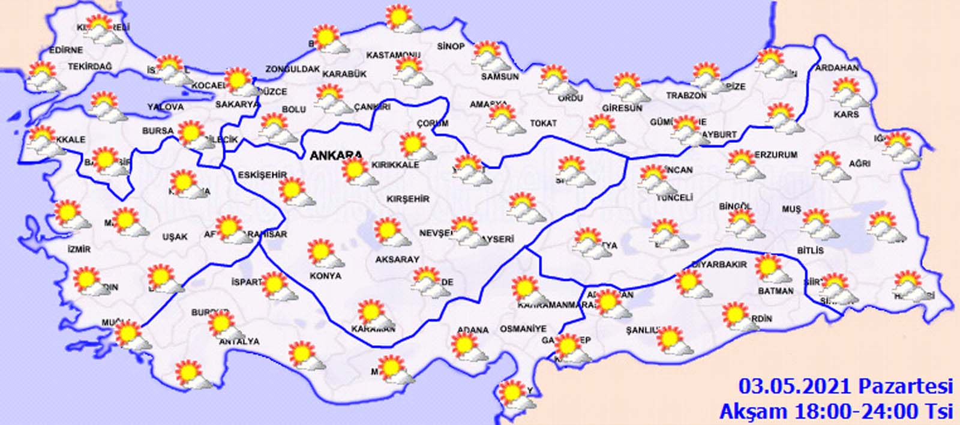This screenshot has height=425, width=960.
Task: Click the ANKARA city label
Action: coord(335,155)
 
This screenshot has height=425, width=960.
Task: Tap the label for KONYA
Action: coord(325,276)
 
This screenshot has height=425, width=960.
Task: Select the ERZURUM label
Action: coord(776,155)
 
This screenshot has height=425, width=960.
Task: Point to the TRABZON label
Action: coord(686,96)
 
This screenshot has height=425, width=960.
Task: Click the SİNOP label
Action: coord(451,46)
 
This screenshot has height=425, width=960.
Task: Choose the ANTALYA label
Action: coord(239,342)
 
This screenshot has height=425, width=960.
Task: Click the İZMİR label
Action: coord(79,249)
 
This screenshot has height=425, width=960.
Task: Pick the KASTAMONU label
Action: coord(393,55)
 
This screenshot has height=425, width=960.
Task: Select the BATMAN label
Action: coord(776,291)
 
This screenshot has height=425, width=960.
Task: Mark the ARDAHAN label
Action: coord(837,68)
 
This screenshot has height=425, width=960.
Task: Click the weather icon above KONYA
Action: coord(325,254)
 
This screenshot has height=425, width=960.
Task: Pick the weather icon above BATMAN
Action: coord(772,269)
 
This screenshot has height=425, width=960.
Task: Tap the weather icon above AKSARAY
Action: coord(392,233)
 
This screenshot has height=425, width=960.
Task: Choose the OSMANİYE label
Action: coord(523,329)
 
